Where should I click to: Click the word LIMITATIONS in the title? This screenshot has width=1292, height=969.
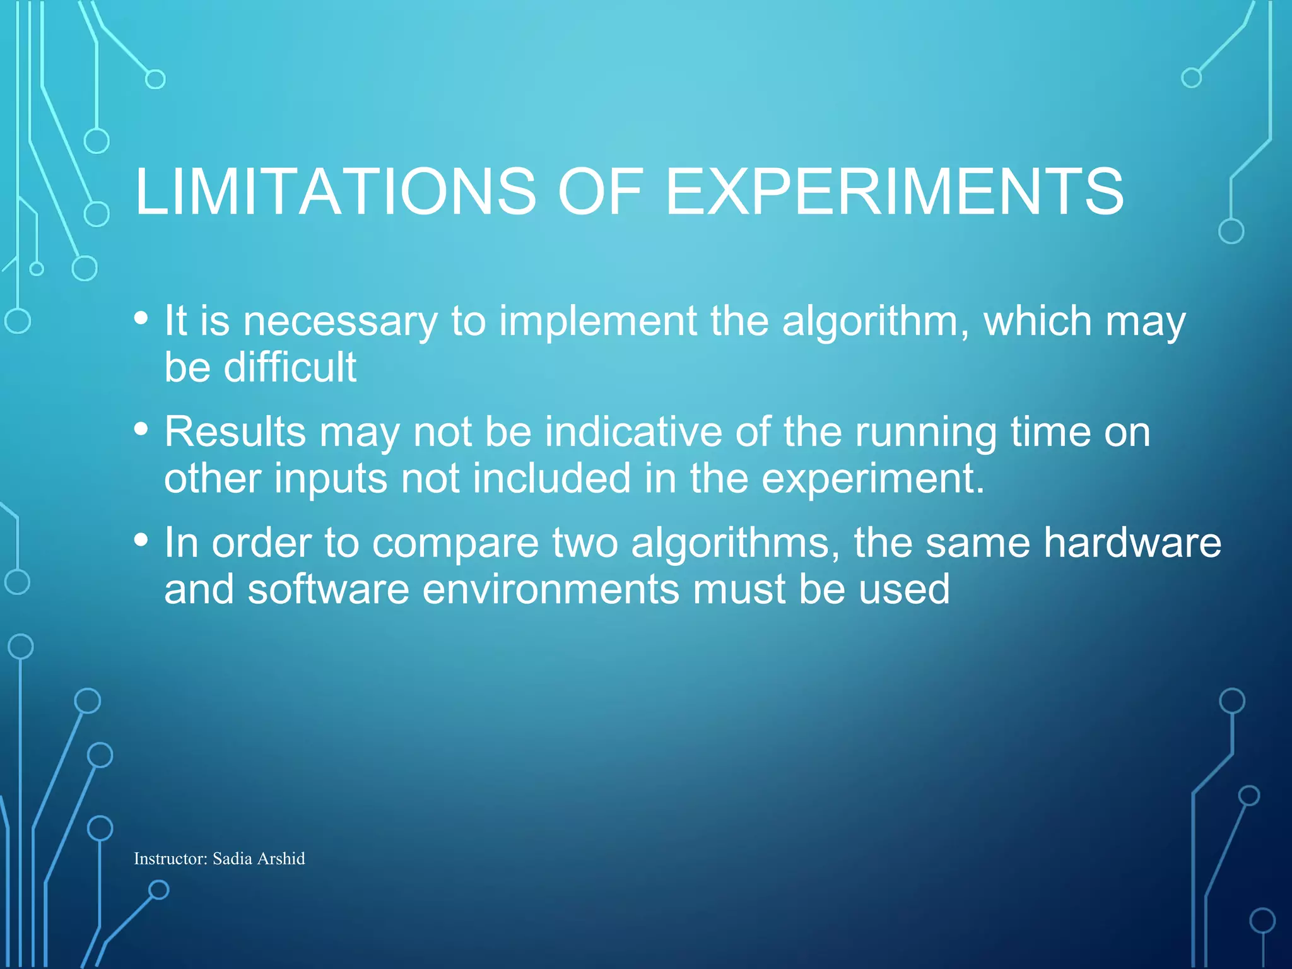[x=335, y=192]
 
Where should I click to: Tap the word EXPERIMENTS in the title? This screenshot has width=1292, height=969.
[x=895, y=192]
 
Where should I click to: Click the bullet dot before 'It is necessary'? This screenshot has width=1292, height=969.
[x=141, y=318]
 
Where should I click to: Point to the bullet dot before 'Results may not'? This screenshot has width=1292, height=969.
[x=141, y=429]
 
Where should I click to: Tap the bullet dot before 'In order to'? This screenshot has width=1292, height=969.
[x=141, y=540]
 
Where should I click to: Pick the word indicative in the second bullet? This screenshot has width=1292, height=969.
[x=633, y=433]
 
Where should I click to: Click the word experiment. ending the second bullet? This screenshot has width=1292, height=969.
[x=873, y=479]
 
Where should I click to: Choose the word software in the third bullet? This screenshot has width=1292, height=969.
[x=329, y=589]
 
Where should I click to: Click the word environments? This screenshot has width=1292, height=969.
[x=551, y=589]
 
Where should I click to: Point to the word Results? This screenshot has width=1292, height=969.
[x=235, y=433]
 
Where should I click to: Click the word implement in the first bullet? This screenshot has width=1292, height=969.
[x=598, y=322]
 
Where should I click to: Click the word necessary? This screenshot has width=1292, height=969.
[x=340, y=322]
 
